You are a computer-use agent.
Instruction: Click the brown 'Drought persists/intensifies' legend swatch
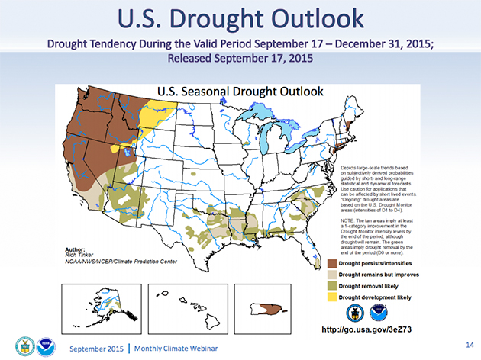[x=332, y=263]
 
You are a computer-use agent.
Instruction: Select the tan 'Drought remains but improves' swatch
[x=332, y=274]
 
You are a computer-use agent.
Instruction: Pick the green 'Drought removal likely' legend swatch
[x=332, y=285]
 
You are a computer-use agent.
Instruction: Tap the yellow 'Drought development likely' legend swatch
[x=332, y=296]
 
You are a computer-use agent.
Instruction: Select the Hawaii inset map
[x=183, y=299]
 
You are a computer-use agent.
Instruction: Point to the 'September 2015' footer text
[x=94, y=348]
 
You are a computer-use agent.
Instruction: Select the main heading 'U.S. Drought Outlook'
[x=240, y=18]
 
